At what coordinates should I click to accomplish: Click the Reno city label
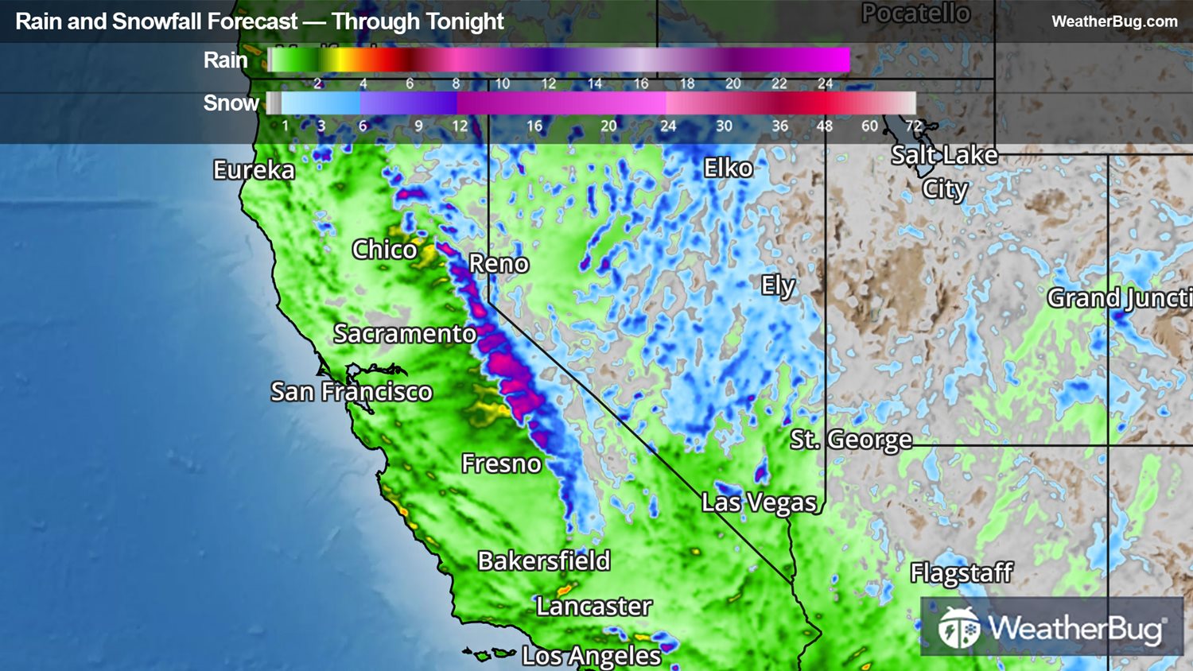(499, 264)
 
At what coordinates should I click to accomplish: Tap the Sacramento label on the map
(405, 334)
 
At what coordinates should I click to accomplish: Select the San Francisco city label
(352, 392)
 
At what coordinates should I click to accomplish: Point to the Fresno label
(501, 463)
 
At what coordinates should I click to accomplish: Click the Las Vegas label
(760, 502)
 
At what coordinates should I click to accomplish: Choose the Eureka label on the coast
(254, 170)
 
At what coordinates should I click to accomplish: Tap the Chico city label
(385, 250)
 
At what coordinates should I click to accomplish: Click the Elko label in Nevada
(728, 169)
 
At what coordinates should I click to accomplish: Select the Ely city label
(778, 285)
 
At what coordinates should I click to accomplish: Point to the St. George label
(851, 440)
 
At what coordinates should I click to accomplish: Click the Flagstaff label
(962, 572)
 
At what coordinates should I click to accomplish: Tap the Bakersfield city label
(544, 561)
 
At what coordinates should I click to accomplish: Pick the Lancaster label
(594, 607)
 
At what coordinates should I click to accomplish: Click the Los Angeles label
(591, 656)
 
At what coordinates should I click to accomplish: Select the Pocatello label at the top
(916, 14)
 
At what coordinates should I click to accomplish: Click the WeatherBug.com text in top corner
(1114, 21)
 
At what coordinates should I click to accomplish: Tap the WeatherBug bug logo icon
(958, 628)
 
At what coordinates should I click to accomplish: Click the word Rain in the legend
(225, 60)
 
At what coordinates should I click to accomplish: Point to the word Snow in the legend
(231, 103)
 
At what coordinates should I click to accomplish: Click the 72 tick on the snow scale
(914, 126)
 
